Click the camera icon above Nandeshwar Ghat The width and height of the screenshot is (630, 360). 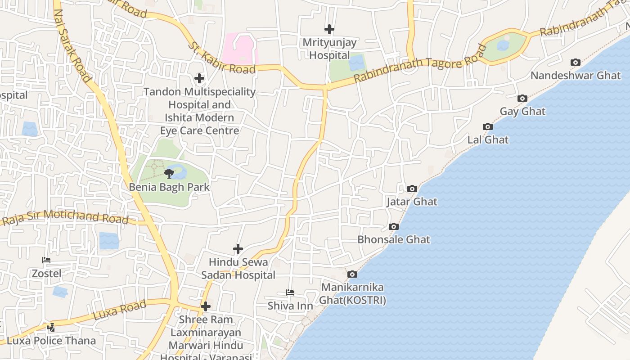coord(575,62)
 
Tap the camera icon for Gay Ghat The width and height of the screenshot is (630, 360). coord(522,98)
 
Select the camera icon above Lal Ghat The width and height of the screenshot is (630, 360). coord(487,126)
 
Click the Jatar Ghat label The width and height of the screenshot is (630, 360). coord(412,202)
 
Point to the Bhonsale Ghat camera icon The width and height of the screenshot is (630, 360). coord(394,226)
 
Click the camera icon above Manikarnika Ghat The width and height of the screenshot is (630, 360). coord(352,274)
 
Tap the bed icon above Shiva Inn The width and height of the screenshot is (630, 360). coord(290,292)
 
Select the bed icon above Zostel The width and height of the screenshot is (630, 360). coord(46,260)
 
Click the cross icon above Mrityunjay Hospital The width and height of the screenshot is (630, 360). coord(329,29)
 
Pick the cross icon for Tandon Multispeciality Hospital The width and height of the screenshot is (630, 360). coord(199,78)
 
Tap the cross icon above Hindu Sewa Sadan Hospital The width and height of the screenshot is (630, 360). coord(238,248)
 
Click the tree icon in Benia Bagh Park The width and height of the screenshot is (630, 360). coord(169,173)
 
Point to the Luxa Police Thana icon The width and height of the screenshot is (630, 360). coord(51,328)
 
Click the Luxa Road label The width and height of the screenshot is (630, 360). coord(120,310)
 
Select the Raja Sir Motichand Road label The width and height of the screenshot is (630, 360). coord(66,217)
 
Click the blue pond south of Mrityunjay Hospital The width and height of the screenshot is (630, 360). coord(357,63)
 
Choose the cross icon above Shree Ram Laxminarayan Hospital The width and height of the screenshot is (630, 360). coord(206,306)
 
